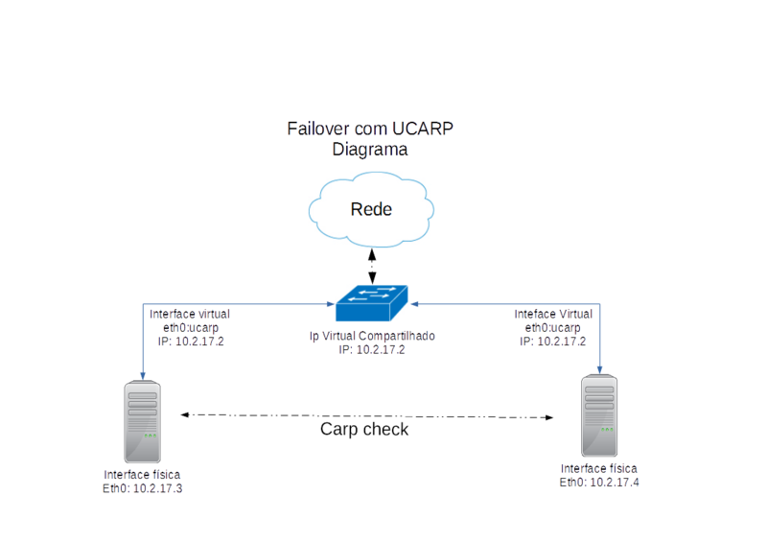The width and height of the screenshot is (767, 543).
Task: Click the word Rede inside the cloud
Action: (x=371, y=209)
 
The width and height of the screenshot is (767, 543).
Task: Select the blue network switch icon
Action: (x=372, y=304)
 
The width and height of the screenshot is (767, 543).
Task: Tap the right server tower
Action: (x=600, y=416)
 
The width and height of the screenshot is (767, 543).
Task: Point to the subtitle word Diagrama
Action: (x=370, y=150)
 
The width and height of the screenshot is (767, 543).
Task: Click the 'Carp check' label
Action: (x=364, y=430)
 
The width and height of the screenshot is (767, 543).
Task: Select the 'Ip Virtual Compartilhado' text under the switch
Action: (x=372, y=337)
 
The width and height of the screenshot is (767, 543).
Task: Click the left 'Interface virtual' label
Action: (x=189, y=315)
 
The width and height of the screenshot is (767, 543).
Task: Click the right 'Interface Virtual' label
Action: (x=553, y=315)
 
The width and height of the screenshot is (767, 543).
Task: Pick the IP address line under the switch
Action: (x=372, y=350)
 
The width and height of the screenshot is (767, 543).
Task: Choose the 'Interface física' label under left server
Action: (x=143, y=475)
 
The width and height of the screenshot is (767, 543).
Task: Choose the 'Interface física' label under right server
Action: (x=599, y=469)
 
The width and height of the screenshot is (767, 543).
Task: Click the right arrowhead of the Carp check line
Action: (x=551, y=417)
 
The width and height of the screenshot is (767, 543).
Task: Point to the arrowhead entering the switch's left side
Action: (x=329, y=303)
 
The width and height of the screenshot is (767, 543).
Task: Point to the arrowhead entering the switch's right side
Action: (x=416, y=303)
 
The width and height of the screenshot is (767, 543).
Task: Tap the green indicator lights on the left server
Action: (x=151, y=437)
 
